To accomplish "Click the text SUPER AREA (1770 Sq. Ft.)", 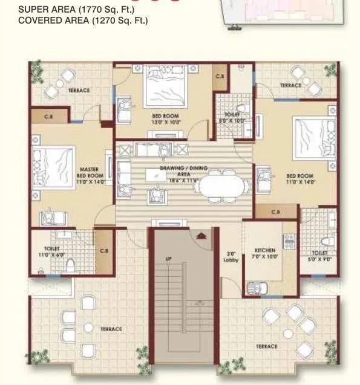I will coord(76,9).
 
